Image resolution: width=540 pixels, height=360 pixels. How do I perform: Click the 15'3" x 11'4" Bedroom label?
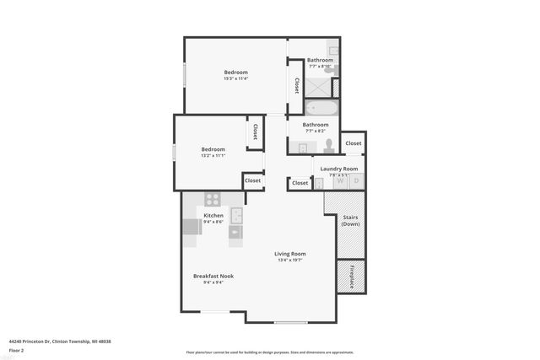pyautogui.click(x=235, y=73)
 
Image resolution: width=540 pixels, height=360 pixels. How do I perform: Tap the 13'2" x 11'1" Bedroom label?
pyautogui.click(x=213, y=149)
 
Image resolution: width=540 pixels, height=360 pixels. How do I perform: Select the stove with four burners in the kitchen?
pyautogui.click(x=213, y=200)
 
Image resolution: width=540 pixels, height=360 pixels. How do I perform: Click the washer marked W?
pyautogui.click(x=340, y=180)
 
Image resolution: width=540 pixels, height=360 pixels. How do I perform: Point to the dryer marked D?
pyautogui.click(x=356, y=180)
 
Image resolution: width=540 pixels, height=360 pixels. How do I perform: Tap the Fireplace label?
pyautogui.click(x=351, y=276)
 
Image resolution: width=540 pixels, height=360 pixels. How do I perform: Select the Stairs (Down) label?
pyautogui.click(x=350, y=220)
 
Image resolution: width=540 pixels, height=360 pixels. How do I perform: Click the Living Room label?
pyautogui.click(x=289, y=254)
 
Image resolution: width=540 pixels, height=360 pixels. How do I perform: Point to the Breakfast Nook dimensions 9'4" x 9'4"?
pyautogui.click(x=213, y=282)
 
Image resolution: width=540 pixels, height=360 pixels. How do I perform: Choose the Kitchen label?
pyautogui.click(x=213, y=216)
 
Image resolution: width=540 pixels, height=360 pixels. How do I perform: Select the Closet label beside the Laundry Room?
pyautogui.click(x=353, y=143)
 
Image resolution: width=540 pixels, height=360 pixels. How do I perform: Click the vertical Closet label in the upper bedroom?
pyautogui.click(x=297, y=86)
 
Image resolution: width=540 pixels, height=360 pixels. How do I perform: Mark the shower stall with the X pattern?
pyautogui.click(x=318, y=86)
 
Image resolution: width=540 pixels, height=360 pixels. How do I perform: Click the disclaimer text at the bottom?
pyautogui.click(x=269, y=352)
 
